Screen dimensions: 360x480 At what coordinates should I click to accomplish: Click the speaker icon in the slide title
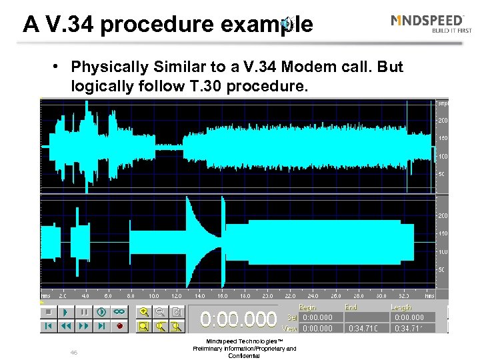(287, 25)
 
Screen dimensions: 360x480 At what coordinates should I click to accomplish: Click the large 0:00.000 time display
(239, 319)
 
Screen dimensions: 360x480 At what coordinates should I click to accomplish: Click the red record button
(120, 326)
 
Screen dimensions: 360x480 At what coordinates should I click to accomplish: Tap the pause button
(84, 311)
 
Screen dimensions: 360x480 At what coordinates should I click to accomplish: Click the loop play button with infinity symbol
(119, 311)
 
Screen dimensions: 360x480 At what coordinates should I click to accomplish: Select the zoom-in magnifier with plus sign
(143, 311)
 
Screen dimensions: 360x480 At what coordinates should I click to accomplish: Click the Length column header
(403, 307)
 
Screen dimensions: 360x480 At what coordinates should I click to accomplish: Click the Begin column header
(308, 307)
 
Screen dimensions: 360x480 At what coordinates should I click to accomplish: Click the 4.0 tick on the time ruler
(85, 295)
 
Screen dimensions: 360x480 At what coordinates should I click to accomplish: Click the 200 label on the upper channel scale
(442, 120)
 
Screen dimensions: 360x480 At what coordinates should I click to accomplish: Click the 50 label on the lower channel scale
(442, 270)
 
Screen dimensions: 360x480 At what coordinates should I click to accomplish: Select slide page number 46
(74, 352)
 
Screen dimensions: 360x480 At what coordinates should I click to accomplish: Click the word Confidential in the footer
(244, 356)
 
